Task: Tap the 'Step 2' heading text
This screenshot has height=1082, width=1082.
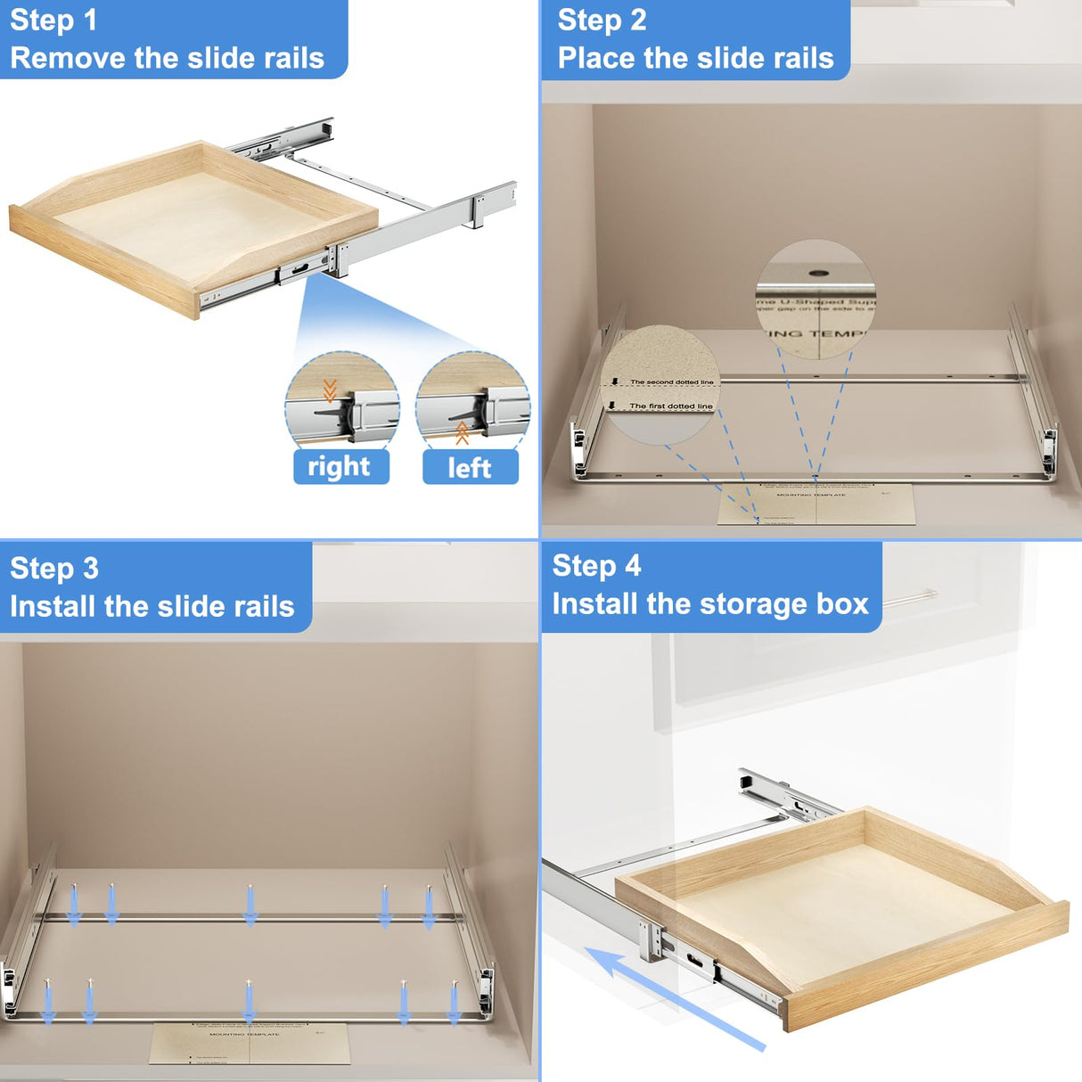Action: click(x=602, y=20)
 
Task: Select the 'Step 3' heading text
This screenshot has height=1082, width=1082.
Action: click(x=53, y=569)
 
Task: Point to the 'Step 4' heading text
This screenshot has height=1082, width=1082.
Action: click(x=596, y=566)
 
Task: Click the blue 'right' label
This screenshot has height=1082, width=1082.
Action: click(x=340, y=466)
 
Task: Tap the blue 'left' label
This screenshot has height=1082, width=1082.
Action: click(x=470, y=468)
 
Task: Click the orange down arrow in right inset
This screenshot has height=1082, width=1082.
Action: click(x=330, y=390)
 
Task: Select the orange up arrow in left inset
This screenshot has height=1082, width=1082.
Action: click(x=462, y=433)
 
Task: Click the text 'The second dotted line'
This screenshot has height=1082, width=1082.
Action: click(x=671, y=382)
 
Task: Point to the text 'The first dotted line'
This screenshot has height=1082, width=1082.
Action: click(x=670, y=406)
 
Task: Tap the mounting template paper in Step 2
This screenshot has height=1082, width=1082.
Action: click(x=816, y=504)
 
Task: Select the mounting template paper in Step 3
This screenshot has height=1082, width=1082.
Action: click(x=249, y=1043)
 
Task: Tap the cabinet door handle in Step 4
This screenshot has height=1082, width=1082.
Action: click(x=909, y=597)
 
